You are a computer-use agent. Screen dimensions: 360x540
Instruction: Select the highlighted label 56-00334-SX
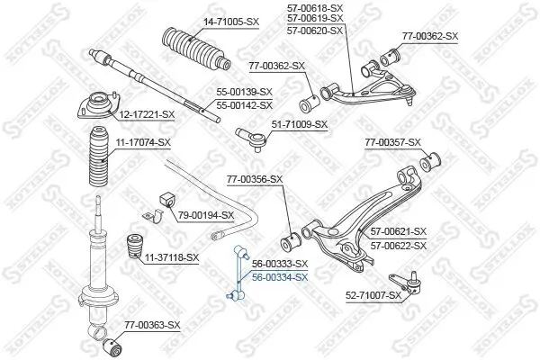tap(280, 277)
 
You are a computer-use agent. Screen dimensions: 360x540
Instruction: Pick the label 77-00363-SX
tap(152, 323)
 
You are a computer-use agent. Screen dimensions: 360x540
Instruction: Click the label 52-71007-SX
tap(373, 294)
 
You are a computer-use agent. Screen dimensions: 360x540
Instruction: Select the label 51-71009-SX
tap(300, 124)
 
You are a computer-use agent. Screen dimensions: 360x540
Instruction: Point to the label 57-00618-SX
tap(316, 6)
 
